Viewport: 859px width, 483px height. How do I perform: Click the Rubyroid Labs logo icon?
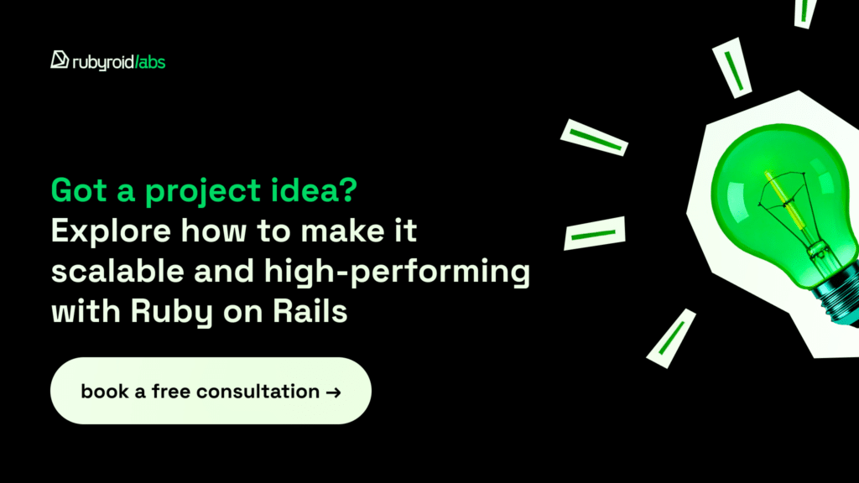[60, 60]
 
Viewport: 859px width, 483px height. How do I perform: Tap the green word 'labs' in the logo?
[152, 62]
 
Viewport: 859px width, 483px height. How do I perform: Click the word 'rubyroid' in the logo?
[103, 63]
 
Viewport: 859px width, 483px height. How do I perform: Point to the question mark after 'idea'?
[347, 190]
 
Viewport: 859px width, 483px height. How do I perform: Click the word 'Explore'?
[112, 231]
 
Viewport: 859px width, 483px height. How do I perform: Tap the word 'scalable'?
[117, 271]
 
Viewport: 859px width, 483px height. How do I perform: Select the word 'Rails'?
[310, 311]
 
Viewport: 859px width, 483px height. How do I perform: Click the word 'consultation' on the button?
[258, 392]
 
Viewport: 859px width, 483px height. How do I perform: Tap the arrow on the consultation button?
[334, 392]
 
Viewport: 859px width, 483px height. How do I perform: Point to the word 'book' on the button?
[105, 391]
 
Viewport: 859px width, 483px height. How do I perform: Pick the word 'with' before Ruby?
[86, 311]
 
